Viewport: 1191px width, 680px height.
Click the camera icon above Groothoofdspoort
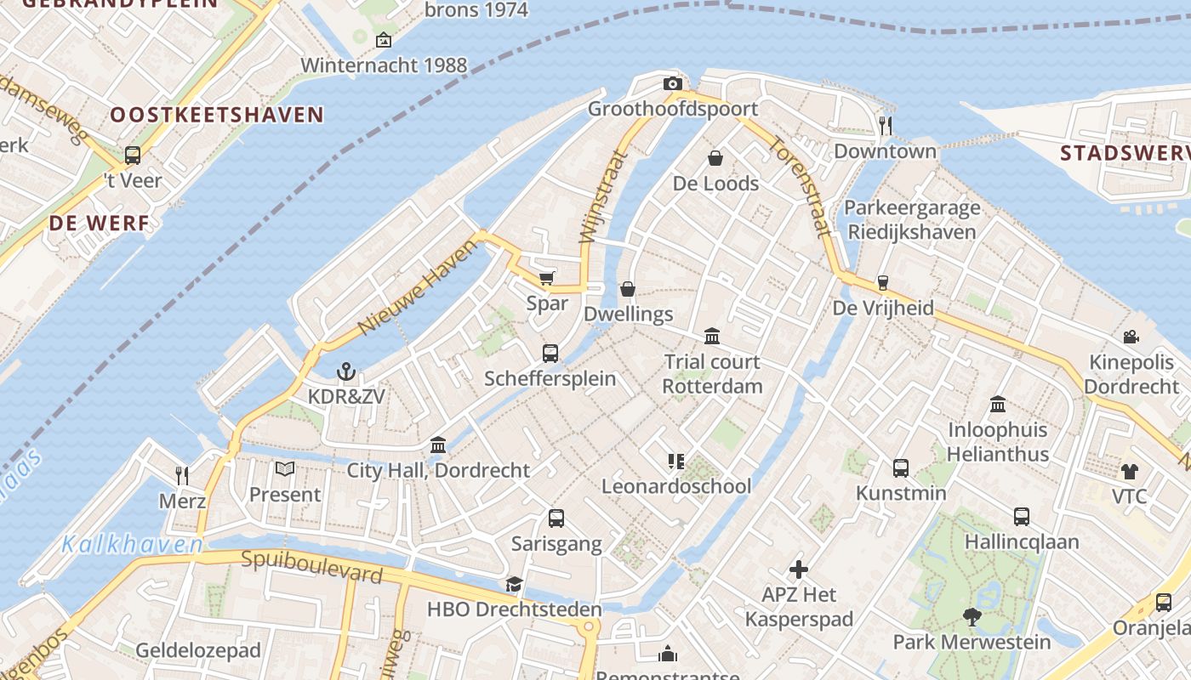pos(673,83)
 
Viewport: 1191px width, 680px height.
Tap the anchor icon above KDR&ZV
pos(345,371)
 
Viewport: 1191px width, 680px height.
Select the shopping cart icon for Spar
pos(546,279)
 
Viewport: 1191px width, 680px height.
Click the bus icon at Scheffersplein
pos(550,353)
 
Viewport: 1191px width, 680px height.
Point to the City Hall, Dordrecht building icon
pos(438,445)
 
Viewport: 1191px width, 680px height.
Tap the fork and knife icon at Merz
pos(182,475)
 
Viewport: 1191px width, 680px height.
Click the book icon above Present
pos(285,468)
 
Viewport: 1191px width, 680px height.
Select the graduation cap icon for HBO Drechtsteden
pos(514,584)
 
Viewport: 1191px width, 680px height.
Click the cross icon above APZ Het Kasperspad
pos(798,569)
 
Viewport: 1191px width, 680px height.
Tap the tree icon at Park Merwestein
pos(972,616)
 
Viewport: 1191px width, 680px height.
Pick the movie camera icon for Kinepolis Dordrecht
pos(1131,337)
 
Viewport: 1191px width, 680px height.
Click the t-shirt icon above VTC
pos(1130,471)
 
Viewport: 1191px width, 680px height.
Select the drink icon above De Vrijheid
pos(883,283)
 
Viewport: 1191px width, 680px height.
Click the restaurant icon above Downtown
pos(886,126)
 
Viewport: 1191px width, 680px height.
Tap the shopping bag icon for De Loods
pos(715,158)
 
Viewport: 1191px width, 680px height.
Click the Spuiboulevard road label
pos(311,567)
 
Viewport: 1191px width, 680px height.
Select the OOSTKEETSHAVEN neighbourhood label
pos(217,115)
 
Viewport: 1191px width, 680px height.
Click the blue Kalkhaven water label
pos(132,544)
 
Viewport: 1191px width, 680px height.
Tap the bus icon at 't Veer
pos(133,156)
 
